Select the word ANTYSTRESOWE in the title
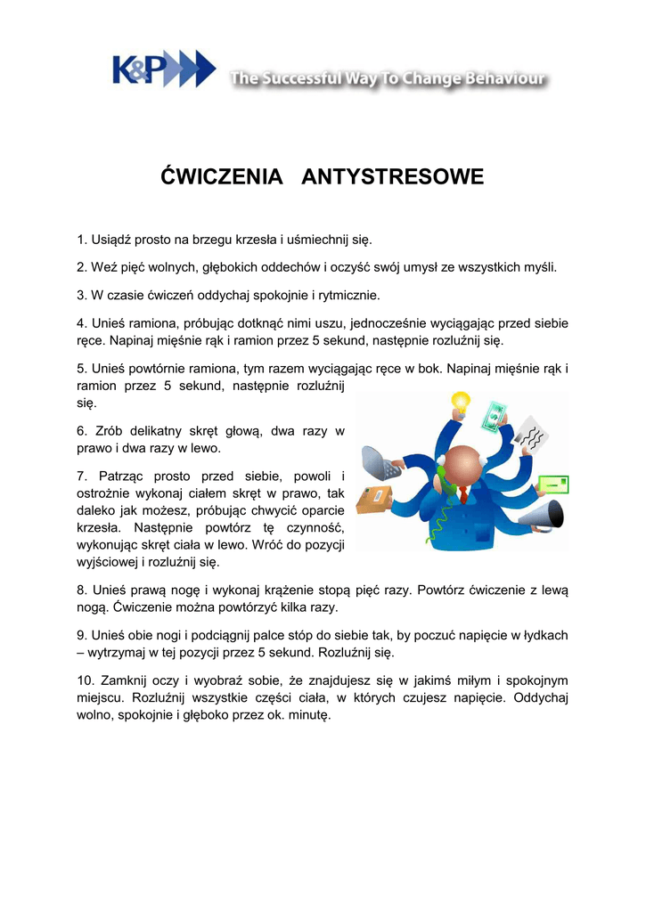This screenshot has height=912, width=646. coord(393,176)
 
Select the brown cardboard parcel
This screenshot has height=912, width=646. coord(374,500)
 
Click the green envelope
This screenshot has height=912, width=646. coord(550,484)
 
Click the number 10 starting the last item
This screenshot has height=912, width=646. coord(85,680)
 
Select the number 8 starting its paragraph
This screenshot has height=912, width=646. coord(81,590)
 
